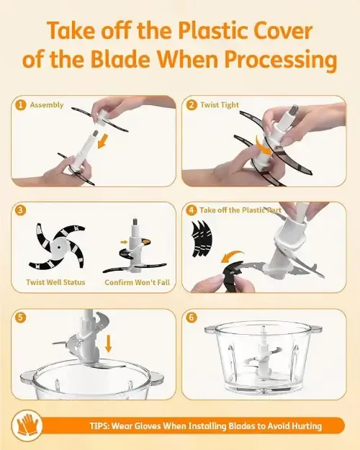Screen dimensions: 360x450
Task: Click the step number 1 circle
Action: pos(20,105)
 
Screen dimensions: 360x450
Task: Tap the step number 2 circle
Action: pos(192,105)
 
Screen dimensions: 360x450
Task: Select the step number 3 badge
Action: pos(20,210)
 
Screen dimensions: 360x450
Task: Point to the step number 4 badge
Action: pos(192,210)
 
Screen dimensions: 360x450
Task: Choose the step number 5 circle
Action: pos(20,318)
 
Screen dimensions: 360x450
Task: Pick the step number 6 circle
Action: pos(192,318)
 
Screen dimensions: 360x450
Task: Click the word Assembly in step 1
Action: pos(47,105)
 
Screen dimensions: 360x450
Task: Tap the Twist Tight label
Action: pos(220,105)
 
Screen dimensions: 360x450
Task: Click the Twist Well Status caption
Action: pos(55,282)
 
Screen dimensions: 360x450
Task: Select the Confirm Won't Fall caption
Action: pos(138,282)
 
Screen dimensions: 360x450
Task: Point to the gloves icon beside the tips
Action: pos(27,425)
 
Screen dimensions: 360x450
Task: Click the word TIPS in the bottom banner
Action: pos(99,426)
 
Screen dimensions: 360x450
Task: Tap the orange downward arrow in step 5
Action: pos(108,343)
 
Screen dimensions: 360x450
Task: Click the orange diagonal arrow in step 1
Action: pos(103,141)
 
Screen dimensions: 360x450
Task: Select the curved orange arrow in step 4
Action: pos(232,256)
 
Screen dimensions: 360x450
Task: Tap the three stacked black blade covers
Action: pos(202,238)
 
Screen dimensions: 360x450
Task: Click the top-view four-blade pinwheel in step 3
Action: pos(58,246)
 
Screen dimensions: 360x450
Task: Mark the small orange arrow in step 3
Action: pos(124,242)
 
